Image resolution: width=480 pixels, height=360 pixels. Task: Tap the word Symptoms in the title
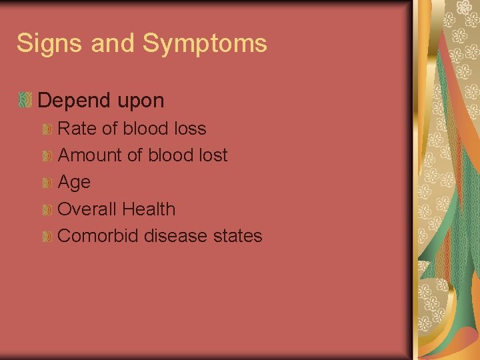pyautogui.click(x=205, y=44)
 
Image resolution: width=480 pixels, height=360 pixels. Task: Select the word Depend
pyautogui.click(x=73, y=101)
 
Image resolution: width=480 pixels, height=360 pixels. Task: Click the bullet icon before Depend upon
pyautogui.click(x=25, y=100)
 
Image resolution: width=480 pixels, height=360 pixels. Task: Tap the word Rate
pyautogui.click(x=77, y=128)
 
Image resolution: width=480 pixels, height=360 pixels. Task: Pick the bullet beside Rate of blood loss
pyautogui.click(x=47, y=129)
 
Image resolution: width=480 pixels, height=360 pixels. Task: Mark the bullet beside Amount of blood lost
pyautogui.click(x=47, y=156)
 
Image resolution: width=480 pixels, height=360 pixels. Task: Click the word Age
pyautogui.click(x=74, y=183)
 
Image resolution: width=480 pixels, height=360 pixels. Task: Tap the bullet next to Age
pyautogui.click(x=47, y=183)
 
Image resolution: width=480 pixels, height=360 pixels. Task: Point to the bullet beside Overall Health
pyautogui.click(x=47, y=210)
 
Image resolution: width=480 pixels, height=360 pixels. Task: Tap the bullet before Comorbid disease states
pyautogui.click(x=47, y=237)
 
